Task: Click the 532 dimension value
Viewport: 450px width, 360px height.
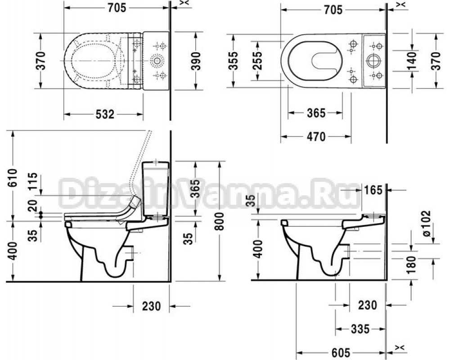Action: [105, 115]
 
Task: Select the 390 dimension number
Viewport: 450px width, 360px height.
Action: [196, 61]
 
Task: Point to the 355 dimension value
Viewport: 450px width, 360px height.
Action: [234, 61]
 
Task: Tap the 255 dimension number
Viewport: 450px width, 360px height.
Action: [258, 61]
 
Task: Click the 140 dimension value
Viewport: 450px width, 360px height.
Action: [412, 61]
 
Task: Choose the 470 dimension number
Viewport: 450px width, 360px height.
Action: [316, 137]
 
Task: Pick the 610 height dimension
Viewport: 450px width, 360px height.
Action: [13, 178]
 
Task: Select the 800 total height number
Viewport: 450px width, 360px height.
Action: [220, 221]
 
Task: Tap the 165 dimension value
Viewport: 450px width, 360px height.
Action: [373, 190]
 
